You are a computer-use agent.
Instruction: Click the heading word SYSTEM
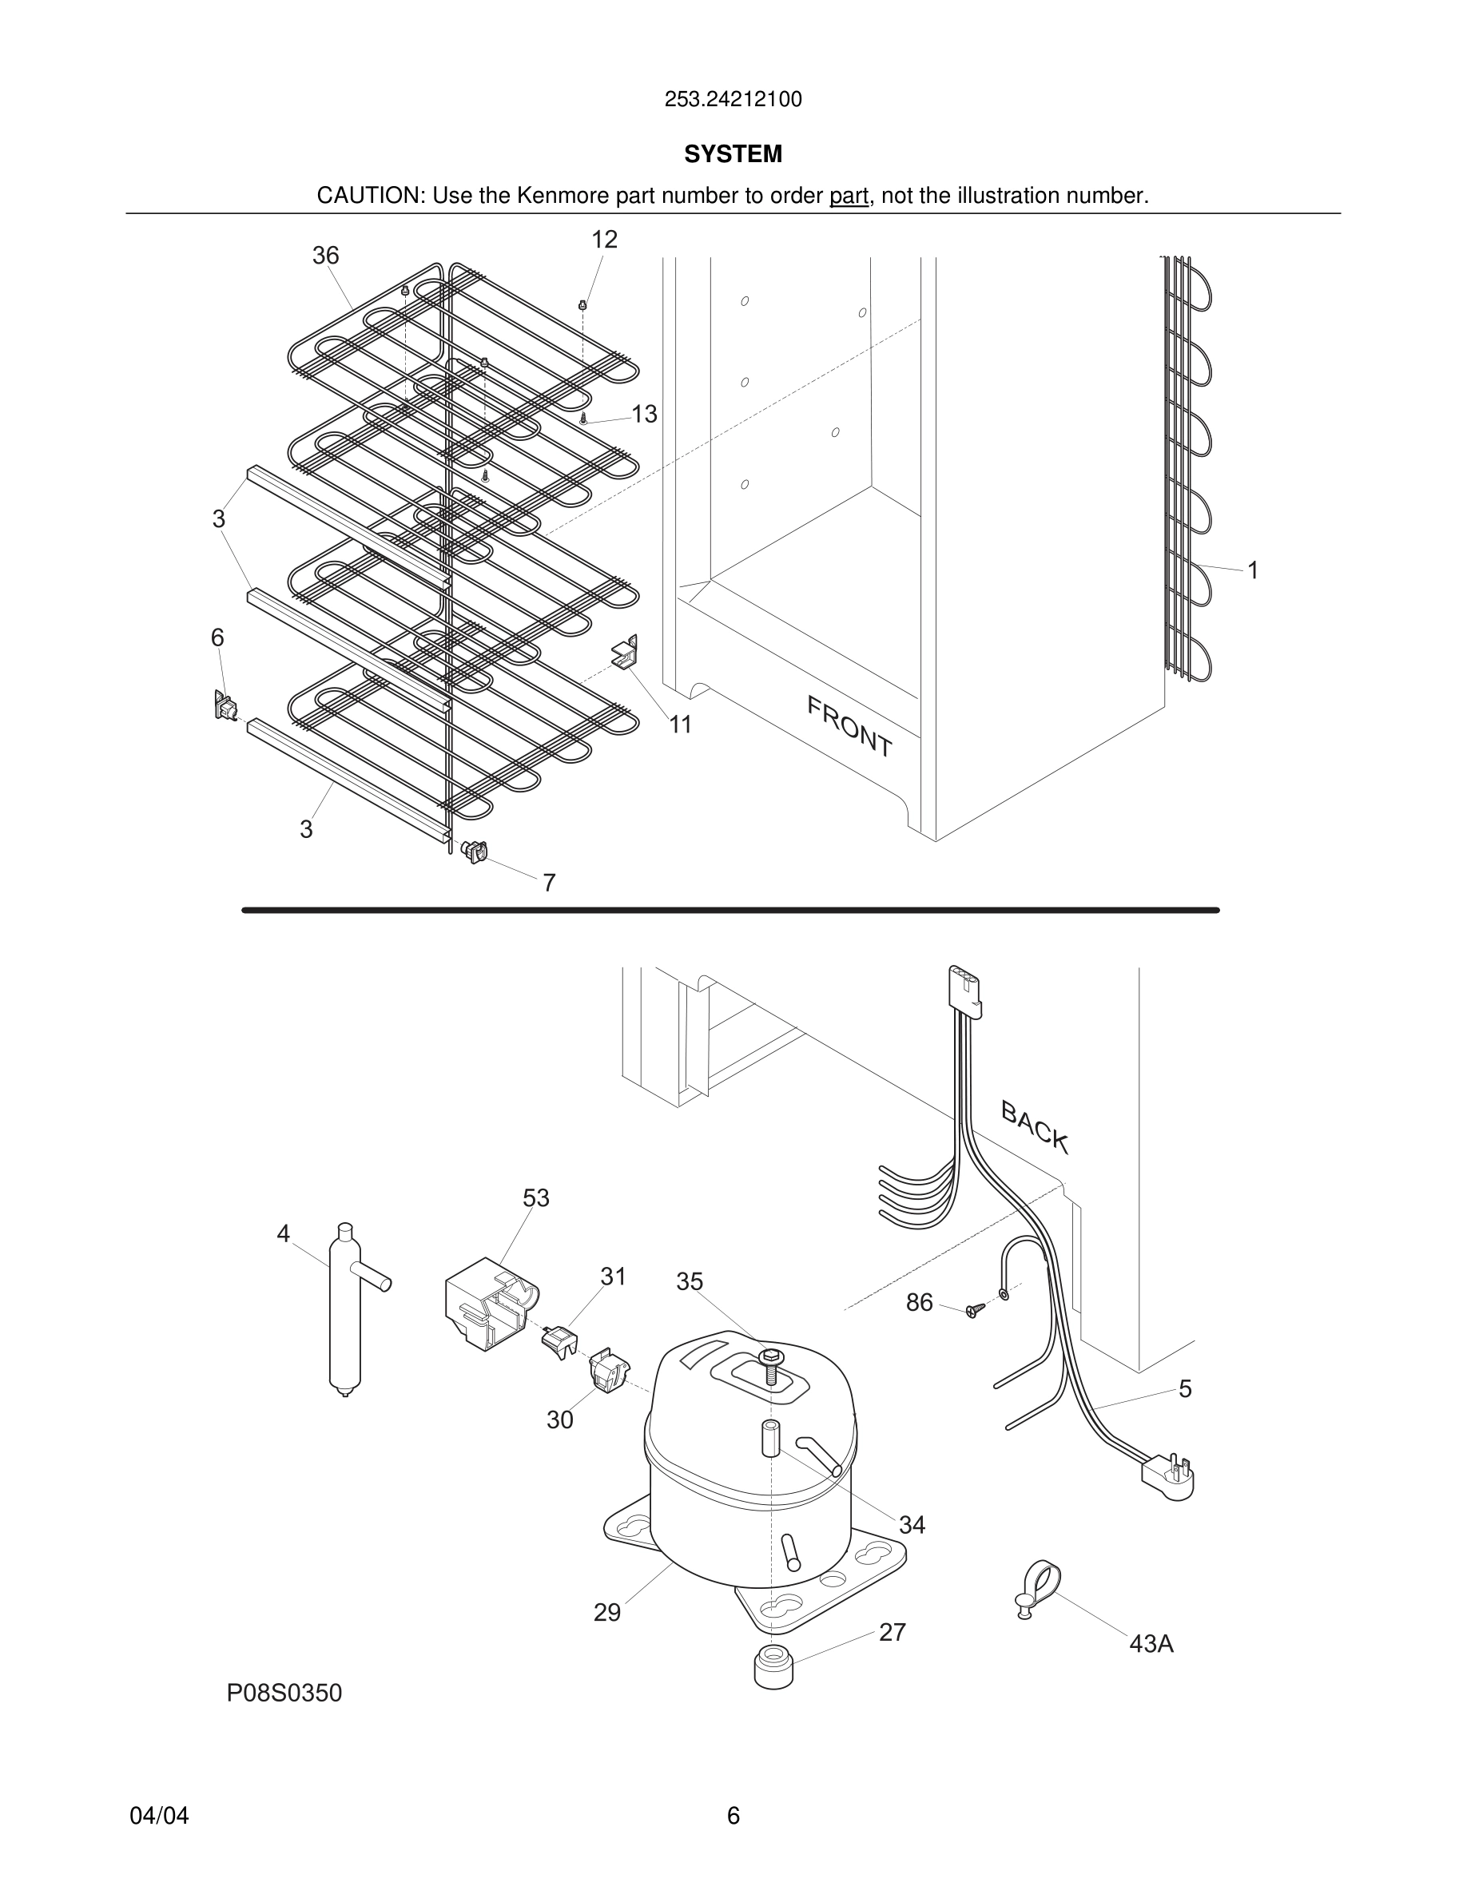pyautogui.click(x=733, y=154)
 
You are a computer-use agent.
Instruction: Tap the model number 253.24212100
pyautogui.click(x=733, y=100)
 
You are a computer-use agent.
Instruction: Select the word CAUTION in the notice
pyautogui.click(x=368, y=196)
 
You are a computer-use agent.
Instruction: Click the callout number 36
pyautogui.click(x=325, y=256)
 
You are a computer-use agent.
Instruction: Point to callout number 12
pyautogui.click(x=604, y=240)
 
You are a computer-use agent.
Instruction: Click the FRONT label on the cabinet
pyautogui.click(x=849, y=725)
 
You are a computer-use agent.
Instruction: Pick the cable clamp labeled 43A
pyautogui.click(x=1038, y=1588)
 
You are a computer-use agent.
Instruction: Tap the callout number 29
pyautogui.click(x=606, y=1613)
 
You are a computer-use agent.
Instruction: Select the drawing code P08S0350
pyautogui.click(x=284, y=1693)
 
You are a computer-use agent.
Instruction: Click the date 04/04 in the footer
pyautogui.click(x=159, y=1816)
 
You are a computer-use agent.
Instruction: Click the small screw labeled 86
pyautogui.click(x=974, y=1309)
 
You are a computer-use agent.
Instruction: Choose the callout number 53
pyautogui.click(x=535, y=1197)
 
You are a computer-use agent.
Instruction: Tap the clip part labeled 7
pyautogui.click(x=475, y=852)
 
